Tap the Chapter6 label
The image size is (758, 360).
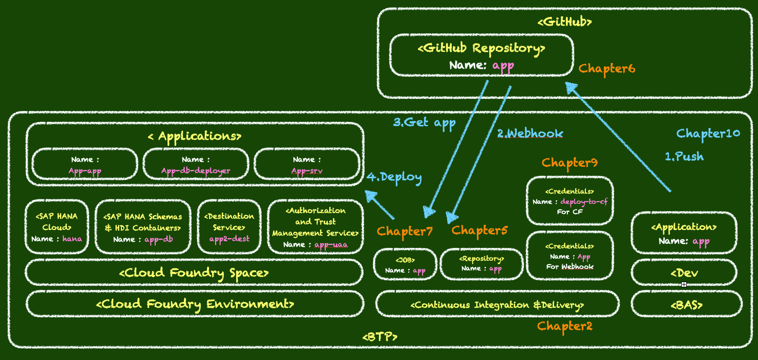tap(606, 69)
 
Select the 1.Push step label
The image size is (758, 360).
tap(684, 157)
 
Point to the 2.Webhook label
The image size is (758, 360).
tap(530, 134)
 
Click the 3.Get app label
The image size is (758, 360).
tap(424, 122)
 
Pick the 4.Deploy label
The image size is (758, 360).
tap(394, 177)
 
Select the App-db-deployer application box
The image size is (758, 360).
tap(196, 164)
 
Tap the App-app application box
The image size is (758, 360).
tap(85, 164)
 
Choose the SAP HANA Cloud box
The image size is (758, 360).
tap(56, 227)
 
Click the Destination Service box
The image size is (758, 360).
tap(229, 227)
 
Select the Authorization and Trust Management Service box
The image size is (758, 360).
tap(315, 227)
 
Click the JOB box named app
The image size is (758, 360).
tap(405, 265)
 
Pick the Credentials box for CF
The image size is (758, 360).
tap(570, 201)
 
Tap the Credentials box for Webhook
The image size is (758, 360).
tap(570, 256)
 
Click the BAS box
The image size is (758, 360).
tap(686, 305)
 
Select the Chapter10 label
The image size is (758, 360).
tap(708, 134)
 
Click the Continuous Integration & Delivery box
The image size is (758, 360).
tap(497, 305)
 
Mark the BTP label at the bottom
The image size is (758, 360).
tap(380, 337)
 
